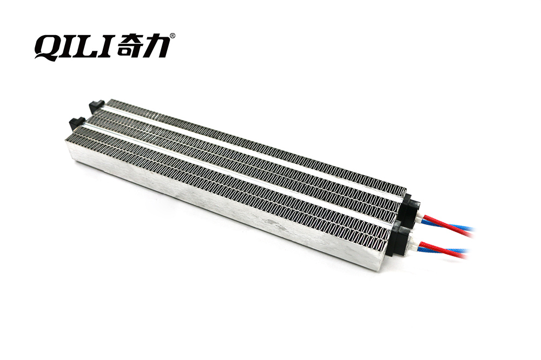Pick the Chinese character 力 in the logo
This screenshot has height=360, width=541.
click(157, 45)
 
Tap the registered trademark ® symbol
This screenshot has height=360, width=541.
click(173, 35)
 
